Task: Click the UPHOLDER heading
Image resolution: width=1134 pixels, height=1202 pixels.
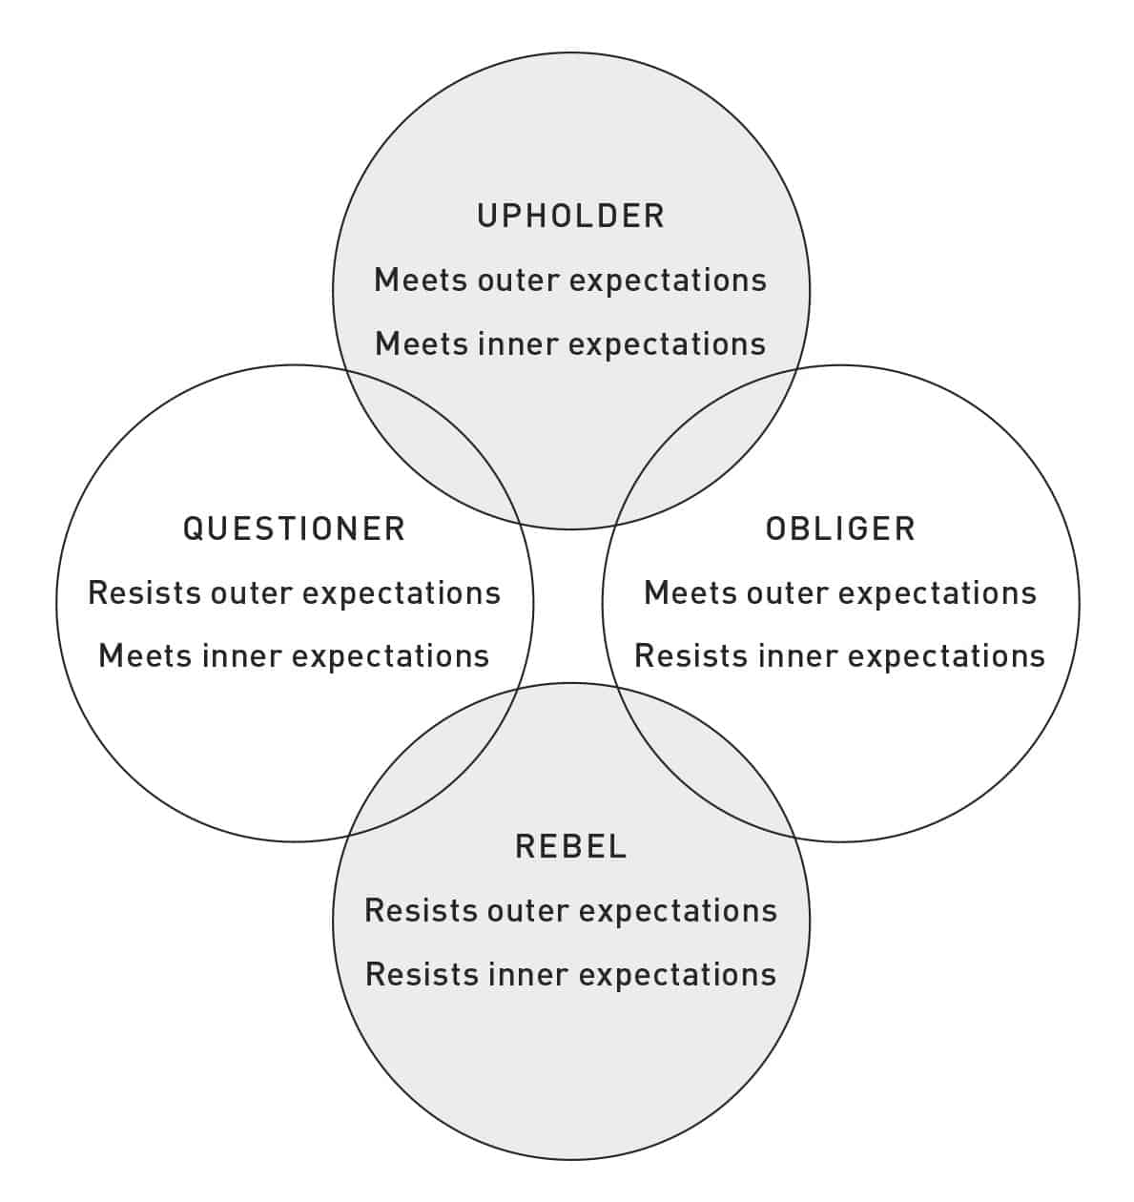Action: [570, 216]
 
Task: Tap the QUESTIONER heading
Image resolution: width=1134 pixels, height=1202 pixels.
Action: [294, 528]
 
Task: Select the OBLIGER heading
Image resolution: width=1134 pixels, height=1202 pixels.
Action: [840, 528]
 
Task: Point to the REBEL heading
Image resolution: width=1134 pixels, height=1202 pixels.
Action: [570, 845]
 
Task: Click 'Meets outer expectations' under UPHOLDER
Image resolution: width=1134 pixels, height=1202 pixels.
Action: [570, 281]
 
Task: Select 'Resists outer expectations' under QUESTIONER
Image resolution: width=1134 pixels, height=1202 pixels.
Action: [295, 593]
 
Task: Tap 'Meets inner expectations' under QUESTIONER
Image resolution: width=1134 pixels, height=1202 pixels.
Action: [294, 656]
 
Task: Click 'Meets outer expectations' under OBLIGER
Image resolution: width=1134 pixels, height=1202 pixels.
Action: [840, 593]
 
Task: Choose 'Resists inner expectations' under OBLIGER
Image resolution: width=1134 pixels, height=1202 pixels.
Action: [840, 656]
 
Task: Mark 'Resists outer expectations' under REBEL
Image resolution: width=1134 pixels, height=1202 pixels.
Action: [570, 911]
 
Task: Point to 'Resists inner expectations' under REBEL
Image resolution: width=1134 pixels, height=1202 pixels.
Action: [570, 975]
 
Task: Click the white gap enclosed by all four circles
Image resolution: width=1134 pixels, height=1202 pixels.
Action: [568, 606]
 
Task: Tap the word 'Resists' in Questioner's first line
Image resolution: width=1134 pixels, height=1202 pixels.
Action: [144, 593]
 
